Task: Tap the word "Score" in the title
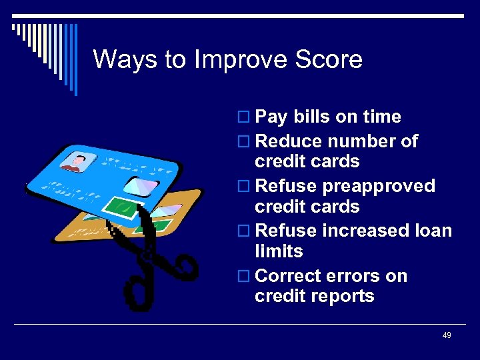tap(331, 60)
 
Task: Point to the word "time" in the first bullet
tap(382, 117)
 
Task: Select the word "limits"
tap(279, 251)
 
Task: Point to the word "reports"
tap(344, 296)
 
